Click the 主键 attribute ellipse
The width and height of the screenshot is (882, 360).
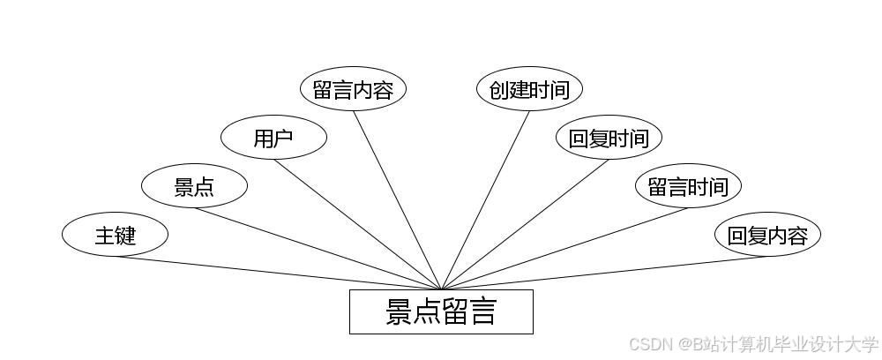tap(115, 235)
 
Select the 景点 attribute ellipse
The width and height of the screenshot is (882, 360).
tap(194, 186)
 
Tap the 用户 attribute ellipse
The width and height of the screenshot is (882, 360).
tap(273, 138)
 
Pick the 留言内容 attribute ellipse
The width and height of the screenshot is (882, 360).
tap(353, 89)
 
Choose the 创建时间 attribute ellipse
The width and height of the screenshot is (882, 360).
tap(529, 89)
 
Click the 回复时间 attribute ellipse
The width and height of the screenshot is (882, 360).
tap(609, 138)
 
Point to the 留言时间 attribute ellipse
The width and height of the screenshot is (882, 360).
tap(688, 186)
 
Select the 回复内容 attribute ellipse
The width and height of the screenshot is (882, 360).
tap(767, 235)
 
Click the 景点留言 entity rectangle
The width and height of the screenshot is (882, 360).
tap(441, 312)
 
